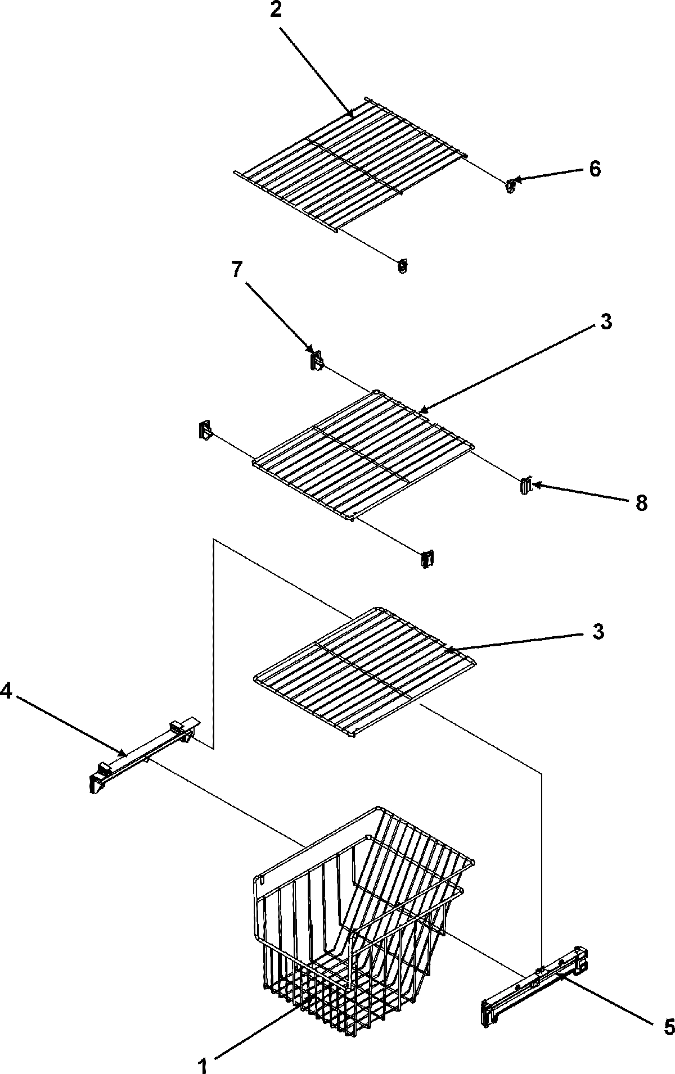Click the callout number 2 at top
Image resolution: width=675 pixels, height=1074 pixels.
(275, 11)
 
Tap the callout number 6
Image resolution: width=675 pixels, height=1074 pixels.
(595, 169)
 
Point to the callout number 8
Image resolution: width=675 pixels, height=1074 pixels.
(641, 503)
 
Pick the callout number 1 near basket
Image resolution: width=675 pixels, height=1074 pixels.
(204, 1064)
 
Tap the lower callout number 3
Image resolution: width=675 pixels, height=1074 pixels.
(598, 631)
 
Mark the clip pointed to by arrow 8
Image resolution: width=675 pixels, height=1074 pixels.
(525, 486)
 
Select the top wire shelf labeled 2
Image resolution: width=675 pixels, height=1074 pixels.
(349, 163)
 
